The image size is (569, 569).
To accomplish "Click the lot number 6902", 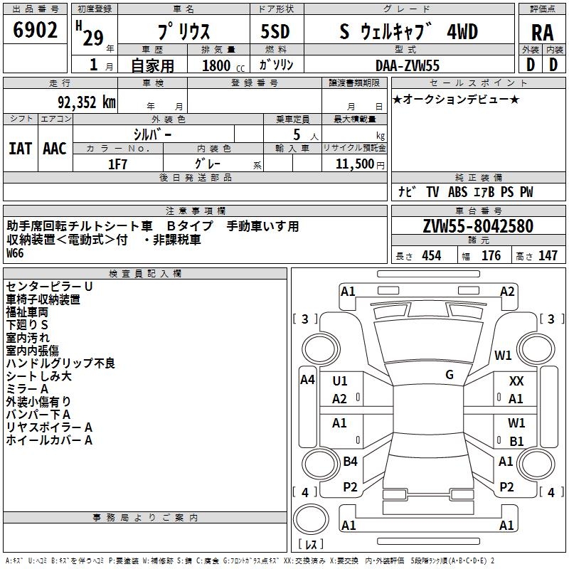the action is [x=36, y=31].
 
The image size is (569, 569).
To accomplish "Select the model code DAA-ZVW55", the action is [x=408, y=65].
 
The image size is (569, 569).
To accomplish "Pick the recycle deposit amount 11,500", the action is [x=353, y=164].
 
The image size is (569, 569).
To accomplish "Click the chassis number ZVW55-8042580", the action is [x=477, y=227].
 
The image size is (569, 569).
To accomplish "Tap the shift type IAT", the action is [x=21, y=148].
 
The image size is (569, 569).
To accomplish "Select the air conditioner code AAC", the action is [x=55, y=148].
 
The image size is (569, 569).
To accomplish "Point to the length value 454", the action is [x=431, y=256].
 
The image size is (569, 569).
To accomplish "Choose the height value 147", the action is [x=548, y=256].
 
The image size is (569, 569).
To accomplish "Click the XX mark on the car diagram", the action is [x=516, y=381].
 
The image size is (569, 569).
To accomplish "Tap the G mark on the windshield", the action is [x=449, y=375].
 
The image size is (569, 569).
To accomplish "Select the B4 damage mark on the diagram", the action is [x=350, y=462].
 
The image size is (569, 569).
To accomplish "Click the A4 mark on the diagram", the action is [x=307, y=380].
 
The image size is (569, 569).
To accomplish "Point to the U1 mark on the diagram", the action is [x=340, y=381].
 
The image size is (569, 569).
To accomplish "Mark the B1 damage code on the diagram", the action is [x=516, y=441].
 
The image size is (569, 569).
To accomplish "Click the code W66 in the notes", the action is [x=15, y=253].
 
